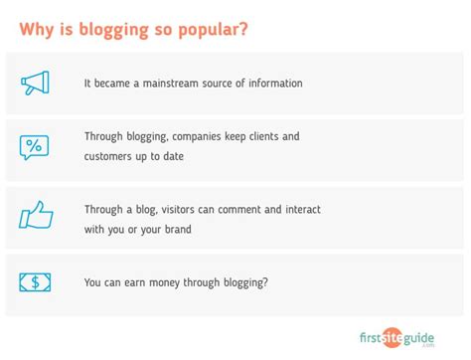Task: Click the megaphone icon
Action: coord(35,83)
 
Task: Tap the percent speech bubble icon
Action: coord(34,148)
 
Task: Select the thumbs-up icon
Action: coord(35,215)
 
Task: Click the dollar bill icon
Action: coord(35,282)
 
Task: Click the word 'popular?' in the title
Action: coord(208,29)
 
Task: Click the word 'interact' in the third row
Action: coord(303,210)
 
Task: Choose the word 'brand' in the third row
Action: coord(176,229)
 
